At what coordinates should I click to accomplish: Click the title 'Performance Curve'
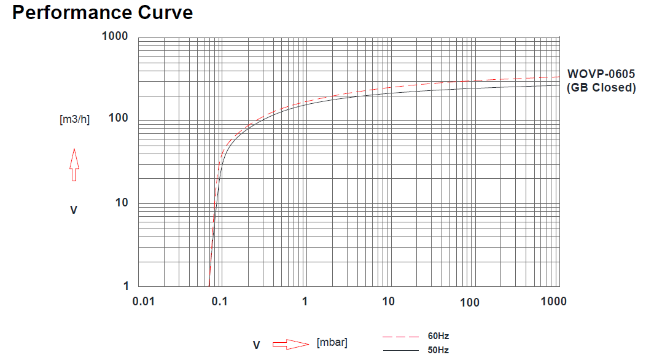click(103, 12)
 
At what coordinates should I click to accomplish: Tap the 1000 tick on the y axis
click(115, 36)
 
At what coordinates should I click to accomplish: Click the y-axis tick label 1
click(126, 286)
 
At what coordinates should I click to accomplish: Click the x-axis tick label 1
click(305, 301)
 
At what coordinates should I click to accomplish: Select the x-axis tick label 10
click(388, 301)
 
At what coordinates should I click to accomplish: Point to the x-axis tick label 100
click(470, 302)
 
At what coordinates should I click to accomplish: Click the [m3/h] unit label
click(74, 120)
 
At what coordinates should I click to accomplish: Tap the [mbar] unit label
click(332, 343)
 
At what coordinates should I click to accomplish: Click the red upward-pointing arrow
click(74, 164)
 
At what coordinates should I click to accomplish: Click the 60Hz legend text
click(438, 336)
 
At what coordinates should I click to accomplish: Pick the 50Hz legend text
click(438, 350)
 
